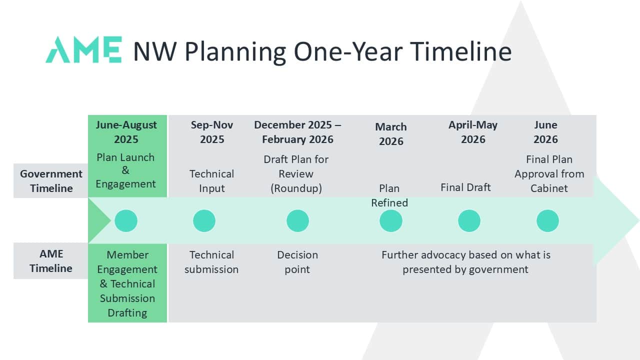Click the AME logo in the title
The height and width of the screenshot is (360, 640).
coord(83,49)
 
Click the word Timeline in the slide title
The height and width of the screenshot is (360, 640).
coord(460,51)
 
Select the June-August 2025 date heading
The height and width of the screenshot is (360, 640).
coord(126,132)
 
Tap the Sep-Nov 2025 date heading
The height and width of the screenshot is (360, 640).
coord(212,132)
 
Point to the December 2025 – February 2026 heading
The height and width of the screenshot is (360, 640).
coord(297,132)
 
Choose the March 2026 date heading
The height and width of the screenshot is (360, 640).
coord(391,134)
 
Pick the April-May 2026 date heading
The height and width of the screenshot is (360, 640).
coord(473,132)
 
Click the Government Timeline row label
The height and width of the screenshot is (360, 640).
coord(51,181)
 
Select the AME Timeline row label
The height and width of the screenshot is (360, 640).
coord(51,261)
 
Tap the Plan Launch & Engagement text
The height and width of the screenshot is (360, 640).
coord(125,170)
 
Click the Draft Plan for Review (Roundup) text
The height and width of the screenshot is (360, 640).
coord(296,173)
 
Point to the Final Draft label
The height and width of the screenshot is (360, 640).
coord(465,187)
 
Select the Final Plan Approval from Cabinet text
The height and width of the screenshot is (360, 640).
coord(549,173)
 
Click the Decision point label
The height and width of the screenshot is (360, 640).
coord(297,262)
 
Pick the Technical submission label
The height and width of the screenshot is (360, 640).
coord(211,262)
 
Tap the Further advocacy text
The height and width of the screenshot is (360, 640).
coord(465,262)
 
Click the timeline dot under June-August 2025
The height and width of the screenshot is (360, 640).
coord(126,221)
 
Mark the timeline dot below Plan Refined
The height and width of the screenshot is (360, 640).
coord(391,221)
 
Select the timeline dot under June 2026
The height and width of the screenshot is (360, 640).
coord(547,221)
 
